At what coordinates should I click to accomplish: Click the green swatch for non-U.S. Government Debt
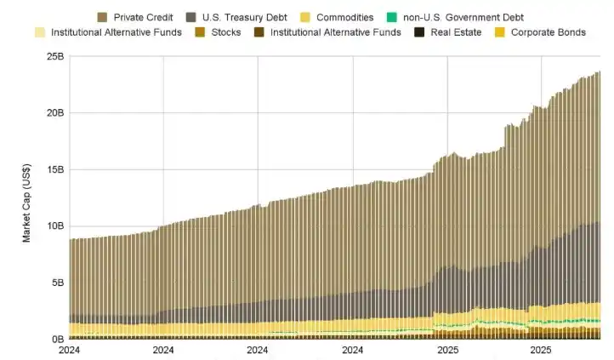tap(390, 17)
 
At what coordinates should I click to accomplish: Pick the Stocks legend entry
tap(225, 32)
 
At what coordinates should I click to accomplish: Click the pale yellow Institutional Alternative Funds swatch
tap(39, 32)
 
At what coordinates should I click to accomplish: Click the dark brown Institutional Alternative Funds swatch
tap(260, 32)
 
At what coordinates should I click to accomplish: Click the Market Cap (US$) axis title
tap(26, 197)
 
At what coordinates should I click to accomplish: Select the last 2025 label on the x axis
tap(539, 350)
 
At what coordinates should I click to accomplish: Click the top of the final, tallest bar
tap(598, 72)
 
